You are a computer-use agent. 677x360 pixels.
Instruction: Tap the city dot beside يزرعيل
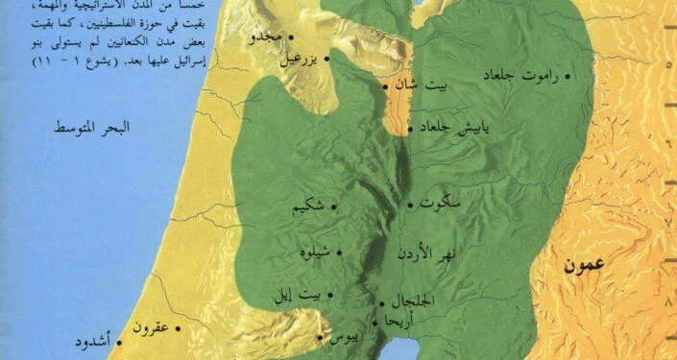click(328, 59)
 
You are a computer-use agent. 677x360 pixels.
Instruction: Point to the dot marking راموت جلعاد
click(568, 74)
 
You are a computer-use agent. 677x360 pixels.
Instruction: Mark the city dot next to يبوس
click(320, 337)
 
